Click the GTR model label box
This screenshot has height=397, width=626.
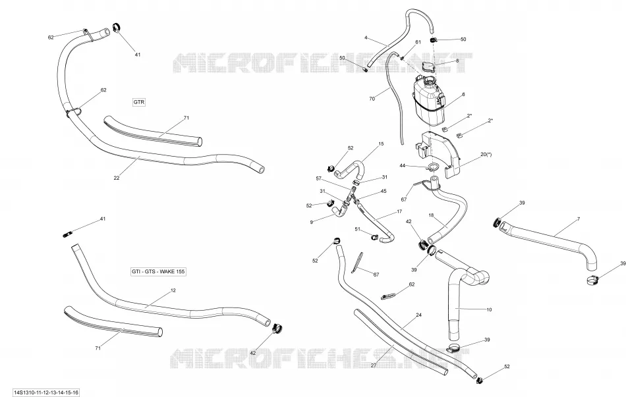[x=138, y=102]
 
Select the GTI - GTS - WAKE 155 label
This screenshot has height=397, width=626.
[x=159, y=272]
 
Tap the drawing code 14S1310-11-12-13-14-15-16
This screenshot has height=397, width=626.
[x=46, y=393]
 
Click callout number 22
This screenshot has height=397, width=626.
[x=117, y=178]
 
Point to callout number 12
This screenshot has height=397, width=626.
[x=173, y=290]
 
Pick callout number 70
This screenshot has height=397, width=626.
[x=372, y=99]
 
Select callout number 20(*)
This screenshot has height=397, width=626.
[x=486, y=155]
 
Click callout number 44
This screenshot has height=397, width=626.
[x=403, y=165]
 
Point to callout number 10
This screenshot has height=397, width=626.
[x=489, y=309]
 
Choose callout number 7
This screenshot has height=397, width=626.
[x=579, y=219]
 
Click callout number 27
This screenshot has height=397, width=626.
[x=374, y=365]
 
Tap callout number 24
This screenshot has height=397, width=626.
[x=419, y=315]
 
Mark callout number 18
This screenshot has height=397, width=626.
[x=431, y=215]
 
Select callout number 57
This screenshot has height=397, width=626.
[x=318, y=178]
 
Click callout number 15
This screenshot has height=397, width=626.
[x=381, y=144]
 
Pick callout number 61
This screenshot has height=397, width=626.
[x=418, y=42]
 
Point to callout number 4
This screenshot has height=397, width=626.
[x=366, y=38]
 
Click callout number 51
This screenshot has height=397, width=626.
[x=358, y=229]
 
